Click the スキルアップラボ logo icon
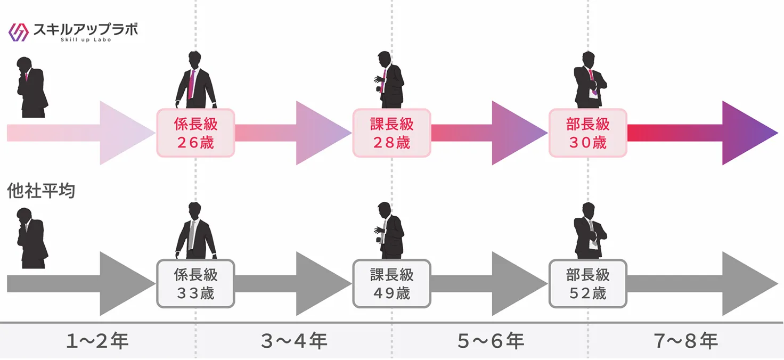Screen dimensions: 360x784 click(19, 32)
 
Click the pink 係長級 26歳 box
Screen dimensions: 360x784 click(195, 133)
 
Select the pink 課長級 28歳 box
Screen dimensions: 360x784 click(392, 133)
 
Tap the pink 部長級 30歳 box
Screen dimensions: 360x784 click(588, 133)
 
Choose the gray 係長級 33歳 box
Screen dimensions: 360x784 click(195, 283)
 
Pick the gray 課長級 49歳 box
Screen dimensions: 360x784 click(392, 283)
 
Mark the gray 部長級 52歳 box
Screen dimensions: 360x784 click(588, 283)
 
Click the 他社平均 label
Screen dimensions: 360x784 click(41, 191)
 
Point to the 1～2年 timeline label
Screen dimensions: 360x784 click(97, 341)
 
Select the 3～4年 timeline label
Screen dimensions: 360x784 click(294, 341)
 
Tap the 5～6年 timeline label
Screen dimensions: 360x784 click(490, 341)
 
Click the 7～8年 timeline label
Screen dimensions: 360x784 click(686, 341)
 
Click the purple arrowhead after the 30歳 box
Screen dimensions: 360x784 click(746, 133)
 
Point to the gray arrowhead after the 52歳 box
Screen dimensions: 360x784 click(746, 283)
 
